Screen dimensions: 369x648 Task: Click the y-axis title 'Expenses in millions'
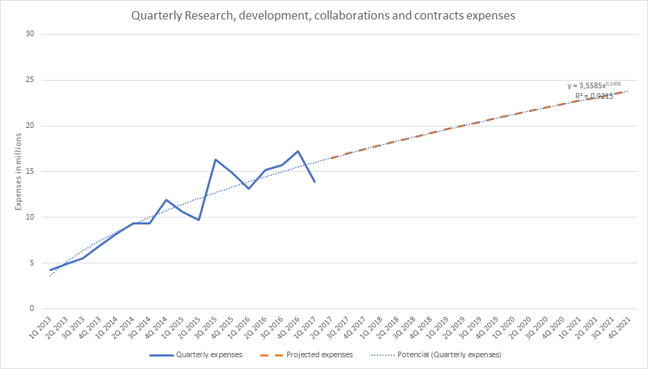click(19, 172)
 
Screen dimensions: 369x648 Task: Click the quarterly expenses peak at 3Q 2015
click(215, 160)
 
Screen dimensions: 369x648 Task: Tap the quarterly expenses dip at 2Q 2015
click(198, 220)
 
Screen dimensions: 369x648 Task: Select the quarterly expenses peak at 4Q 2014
click(166, 200)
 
